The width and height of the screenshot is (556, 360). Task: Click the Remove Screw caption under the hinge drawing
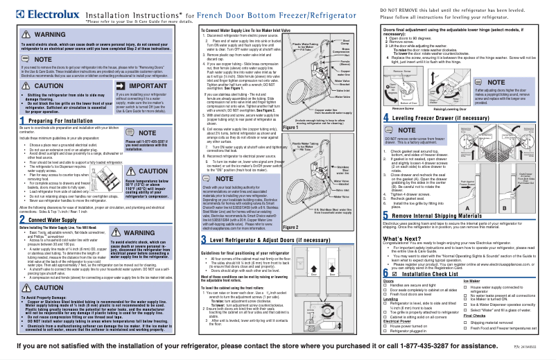(404, 108)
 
